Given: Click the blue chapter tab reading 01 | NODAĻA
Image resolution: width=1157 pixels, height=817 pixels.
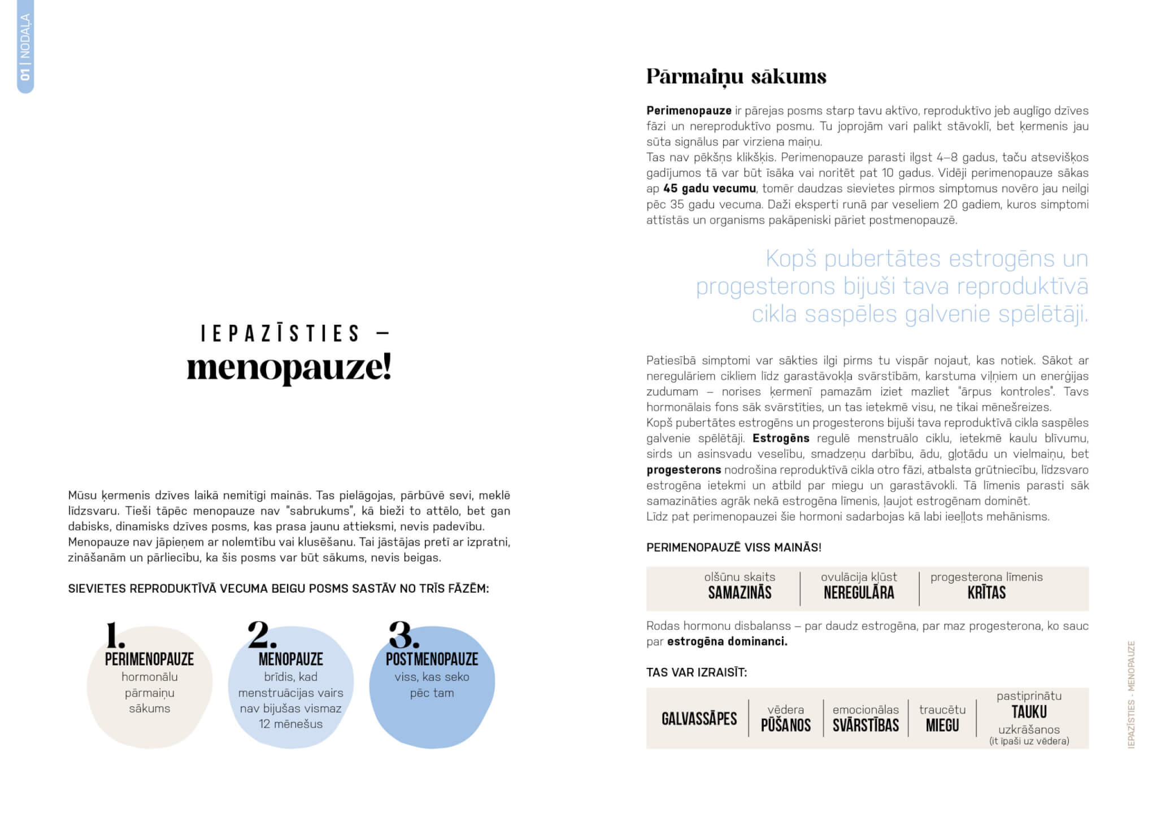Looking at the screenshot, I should (25, 46).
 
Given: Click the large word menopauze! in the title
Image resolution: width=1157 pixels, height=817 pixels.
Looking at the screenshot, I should (289, 368).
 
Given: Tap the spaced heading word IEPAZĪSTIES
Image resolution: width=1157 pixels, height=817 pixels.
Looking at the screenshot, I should (281, 333).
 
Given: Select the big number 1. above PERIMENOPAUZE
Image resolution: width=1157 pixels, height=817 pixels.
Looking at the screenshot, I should (115, 636).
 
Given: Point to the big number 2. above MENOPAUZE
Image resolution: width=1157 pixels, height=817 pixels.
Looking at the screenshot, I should (262, 635).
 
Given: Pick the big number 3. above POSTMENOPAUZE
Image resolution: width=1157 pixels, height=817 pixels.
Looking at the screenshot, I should (404, 636).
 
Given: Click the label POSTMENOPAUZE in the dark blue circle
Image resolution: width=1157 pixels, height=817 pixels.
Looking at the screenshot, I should (432, 659).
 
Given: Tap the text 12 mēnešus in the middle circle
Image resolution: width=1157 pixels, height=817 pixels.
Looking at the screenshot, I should (290, 724).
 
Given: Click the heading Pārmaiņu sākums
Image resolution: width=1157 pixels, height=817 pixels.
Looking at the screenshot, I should (736, 77).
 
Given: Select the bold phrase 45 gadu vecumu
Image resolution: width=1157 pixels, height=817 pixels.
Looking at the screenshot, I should (709, 189).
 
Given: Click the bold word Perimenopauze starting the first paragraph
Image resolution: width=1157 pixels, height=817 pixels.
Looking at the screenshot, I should (689, 111).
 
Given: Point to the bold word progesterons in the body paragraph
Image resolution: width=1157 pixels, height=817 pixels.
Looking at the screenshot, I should (684, 470).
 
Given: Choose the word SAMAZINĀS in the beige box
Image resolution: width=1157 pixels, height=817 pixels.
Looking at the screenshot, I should (740, 593).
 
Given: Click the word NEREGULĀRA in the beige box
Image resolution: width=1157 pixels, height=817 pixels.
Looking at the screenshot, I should (859, 593).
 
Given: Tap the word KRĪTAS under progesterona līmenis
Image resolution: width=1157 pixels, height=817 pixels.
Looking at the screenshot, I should (986, 593).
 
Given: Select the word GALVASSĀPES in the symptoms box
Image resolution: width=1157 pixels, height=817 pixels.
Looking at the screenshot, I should (699, 719).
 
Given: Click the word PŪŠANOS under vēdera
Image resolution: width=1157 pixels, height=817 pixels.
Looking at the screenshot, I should (785, 725).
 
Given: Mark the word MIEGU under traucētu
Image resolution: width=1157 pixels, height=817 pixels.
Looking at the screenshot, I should (942, 725).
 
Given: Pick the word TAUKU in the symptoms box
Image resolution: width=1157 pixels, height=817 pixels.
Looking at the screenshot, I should (1029, 712).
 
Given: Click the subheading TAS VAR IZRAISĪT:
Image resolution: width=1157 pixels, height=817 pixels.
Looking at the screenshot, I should (697, 673).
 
